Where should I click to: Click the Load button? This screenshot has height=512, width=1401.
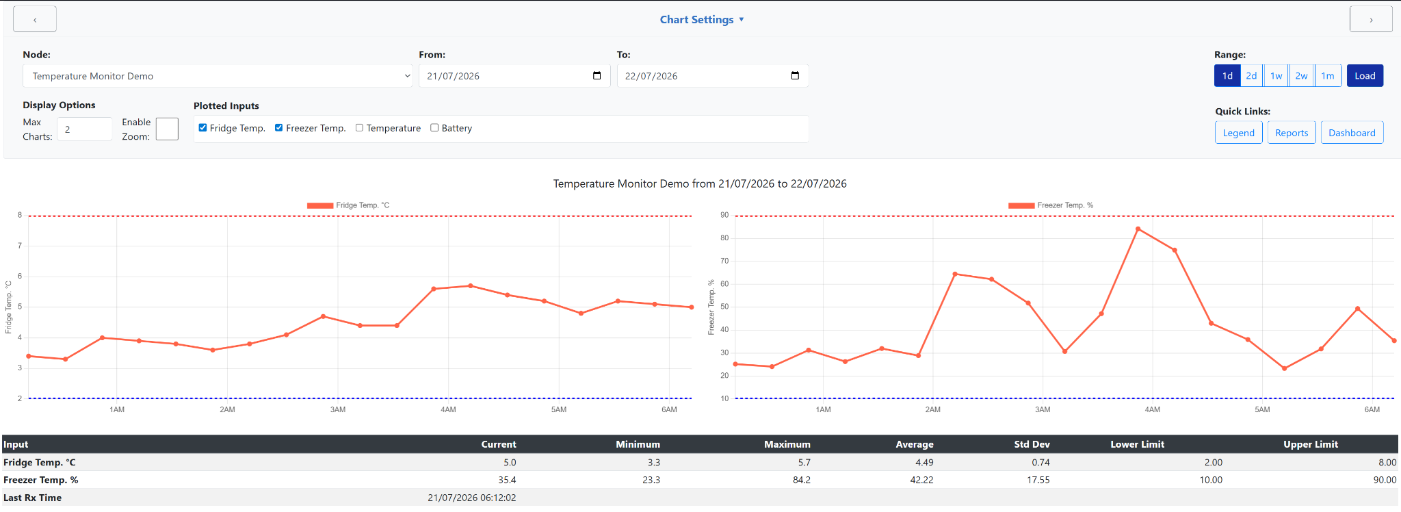[x=1365, y=76]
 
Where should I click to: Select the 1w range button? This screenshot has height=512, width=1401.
[x=1276, y=76]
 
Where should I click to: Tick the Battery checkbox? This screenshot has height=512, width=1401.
[x=434, y=127]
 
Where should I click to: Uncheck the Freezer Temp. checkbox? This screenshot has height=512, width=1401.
[x=278, y=127]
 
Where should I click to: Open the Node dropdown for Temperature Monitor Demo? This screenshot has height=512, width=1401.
[x=218, y=76]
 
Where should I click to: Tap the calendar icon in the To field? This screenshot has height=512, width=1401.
[x=795, y=75]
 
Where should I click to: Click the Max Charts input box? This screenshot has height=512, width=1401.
[x=84, y=129]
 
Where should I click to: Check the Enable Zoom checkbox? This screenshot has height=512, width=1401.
[x=167, y=129]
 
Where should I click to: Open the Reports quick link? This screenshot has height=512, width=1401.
[x=1292, y=133]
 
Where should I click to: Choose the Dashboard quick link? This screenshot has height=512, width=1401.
[x=1352, y=133]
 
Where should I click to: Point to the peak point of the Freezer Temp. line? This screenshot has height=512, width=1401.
[x=1138, y=229]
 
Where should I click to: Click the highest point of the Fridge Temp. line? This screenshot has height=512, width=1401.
[x=471, y=285]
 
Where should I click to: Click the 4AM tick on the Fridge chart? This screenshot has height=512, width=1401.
[x=448, y=409]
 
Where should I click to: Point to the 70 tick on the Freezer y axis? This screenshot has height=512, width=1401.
[x=724, y=261]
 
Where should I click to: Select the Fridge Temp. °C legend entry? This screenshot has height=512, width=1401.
[x=348, y=205]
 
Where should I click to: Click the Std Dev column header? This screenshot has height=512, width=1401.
[x=1032, y=444]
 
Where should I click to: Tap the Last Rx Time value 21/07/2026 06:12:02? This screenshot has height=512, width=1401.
[x=472, y=498]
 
